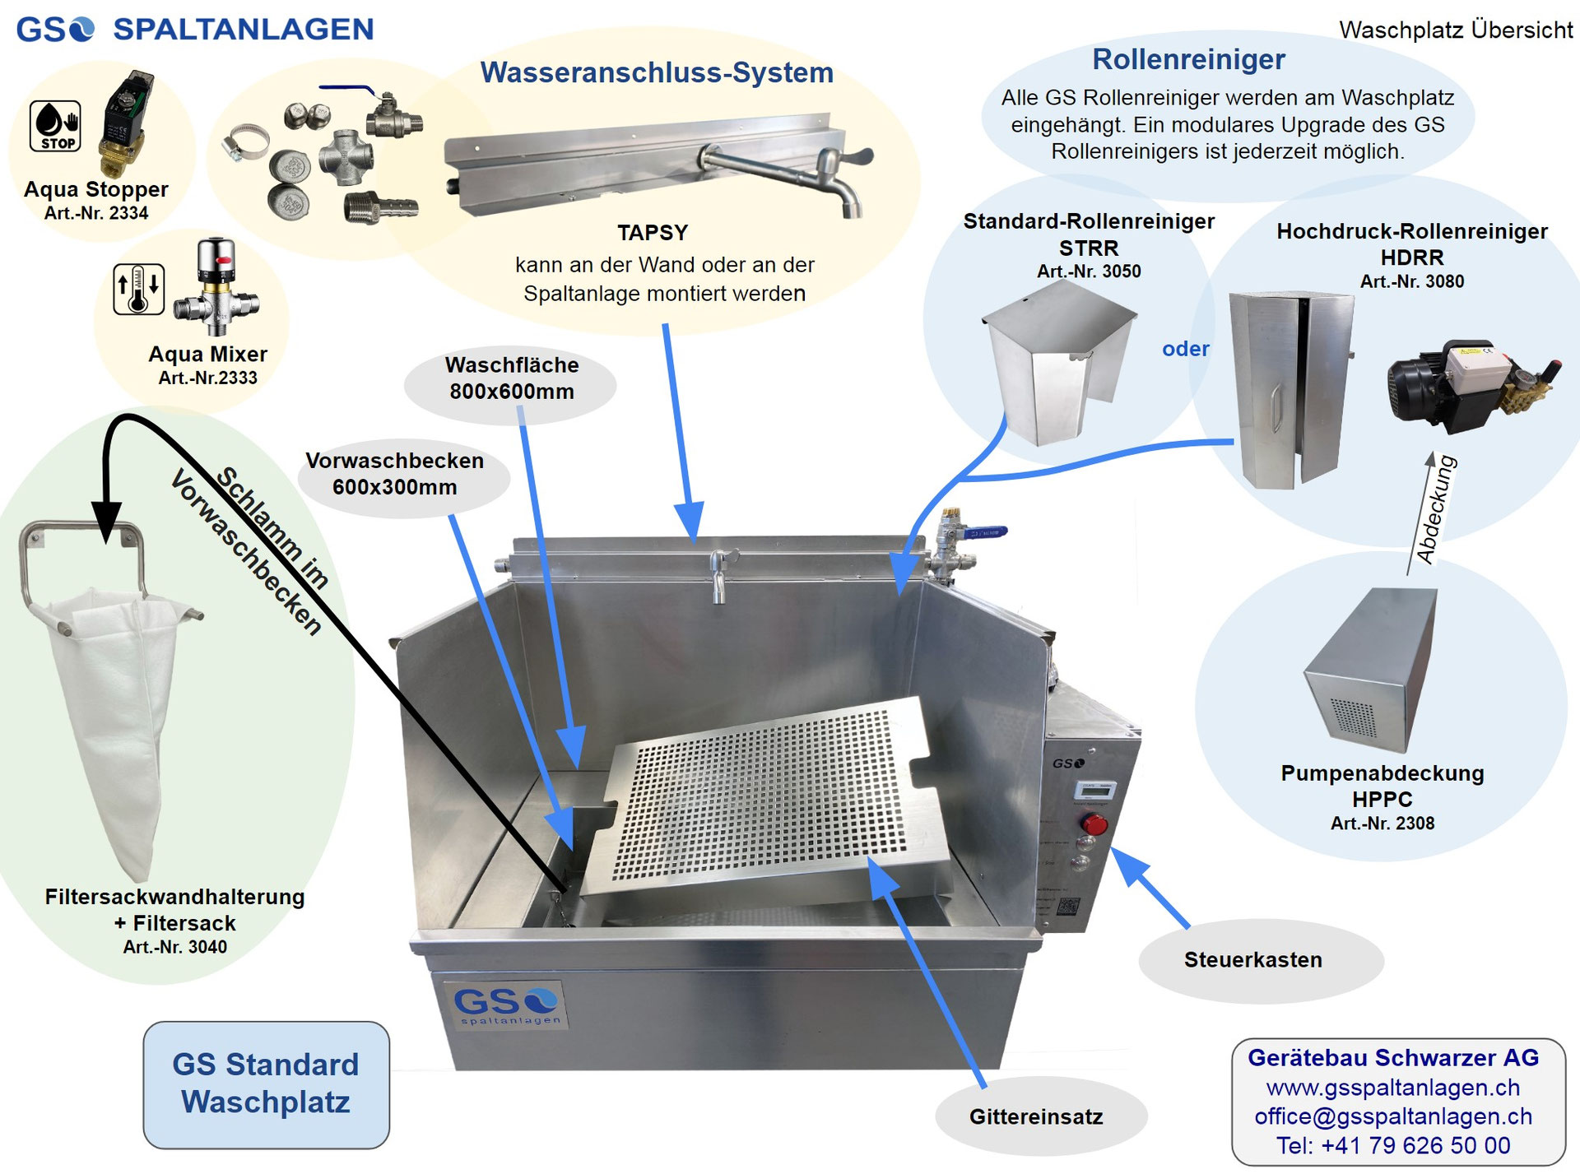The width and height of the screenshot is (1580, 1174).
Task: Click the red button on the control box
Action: click(1094, 824)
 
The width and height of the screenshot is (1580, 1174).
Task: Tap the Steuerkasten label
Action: click(1252, 960)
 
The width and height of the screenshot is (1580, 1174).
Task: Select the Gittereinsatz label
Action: click(1035, 1117)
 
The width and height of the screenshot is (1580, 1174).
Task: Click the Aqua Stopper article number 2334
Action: click(96, 213)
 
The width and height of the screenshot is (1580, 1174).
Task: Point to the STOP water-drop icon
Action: click(55, 125)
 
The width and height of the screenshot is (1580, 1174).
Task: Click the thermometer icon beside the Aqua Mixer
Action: click(138, 289)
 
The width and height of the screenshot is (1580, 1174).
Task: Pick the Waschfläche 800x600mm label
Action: click(512, 378)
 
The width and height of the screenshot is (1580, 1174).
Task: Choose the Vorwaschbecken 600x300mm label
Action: click(395, 474)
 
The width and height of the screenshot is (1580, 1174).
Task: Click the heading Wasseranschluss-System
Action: click(657, 72)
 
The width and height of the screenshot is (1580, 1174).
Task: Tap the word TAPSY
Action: click(653, 233)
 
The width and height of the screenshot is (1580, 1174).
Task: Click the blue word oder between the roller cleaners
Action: click(1185, 349)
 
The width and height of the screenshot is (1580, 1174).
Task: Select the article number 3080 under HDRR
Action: click(1412, 281)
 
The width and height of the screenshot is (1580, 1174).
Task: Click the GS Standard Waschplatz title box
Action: click(266, 1084)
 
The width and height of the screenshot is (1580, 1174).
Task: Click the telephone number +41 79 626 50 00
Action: click(1393, 1145)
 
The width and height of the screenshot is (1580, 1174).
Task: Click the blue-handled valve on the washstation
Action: click(987, 533)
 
